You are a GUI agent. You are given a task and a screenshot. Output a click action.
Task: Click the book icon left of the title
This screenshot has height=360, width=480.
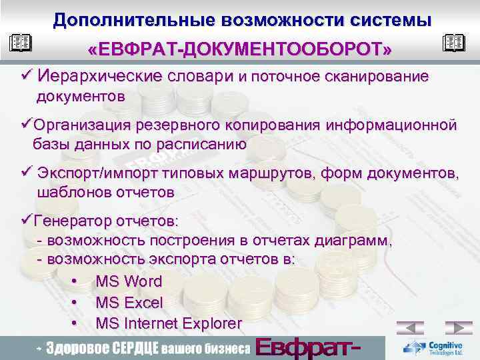pos(21,45)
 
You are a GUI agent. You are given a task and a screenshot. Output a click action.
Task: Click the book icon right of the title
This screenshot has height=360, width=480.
pos(454,44)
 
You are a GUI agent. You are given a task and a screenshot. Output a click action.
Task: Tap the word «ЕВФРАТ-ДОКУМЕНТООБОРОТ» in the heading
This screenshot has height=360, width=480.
pos(240,50)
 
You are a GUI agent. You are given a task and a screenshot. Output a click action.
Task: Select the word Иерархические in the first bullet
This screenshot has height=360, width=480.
pos(99,77)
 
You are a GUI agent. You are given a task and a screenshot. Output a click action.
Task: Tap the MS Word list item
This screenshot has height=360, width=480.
pos(129,281)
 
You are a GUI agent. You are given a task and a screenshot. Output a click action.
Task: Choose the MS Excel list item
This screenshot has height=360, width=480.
pos(129,303)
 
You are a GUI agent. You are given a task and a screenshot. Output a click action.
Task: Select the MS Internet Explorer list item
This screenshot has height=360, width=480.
pos(169,324)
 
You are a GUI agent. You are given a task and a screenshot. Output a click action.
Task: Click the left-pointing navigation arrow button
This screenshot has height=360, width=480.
pos(410,328)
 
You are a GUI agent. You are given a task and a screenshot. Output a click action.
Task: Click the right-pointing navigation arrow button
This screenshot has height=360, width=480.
pos(459,328)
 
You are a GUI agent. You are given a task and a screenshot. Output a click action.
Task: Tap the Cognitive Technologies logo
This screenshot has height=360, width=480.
pos(437,347)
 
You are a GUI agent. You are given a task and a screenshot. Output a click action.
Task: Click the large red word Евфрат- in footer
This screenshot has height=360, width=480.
pos(309,348)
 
